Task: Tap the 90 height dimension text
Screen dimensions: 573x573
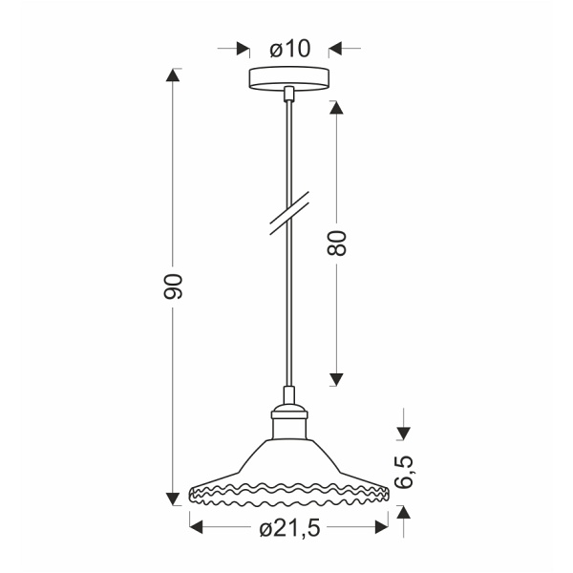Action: [174, 286]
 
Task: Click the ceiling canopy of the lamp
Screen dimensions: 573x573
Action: [288, 78]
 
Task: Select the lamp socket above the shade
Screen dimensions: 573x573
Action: [288, 412]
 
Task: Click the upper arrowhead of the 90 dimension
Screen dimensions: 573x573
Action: [174, 75]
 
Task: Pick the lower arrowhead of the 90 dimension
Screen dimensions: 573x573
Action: [174, 497]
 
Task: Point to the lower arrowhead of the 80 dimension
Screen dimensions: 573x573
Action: [336, 379]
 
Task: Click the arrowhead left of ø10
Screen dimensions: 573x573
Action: [242, 48]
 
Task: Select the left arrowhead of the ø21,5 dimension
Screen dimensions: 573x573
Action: [197, 524]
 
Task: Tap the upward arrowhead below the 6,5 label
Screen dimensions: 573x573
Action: [404, 512]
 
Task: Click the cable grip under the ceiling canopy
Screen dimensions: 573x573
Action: [288, 94]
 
